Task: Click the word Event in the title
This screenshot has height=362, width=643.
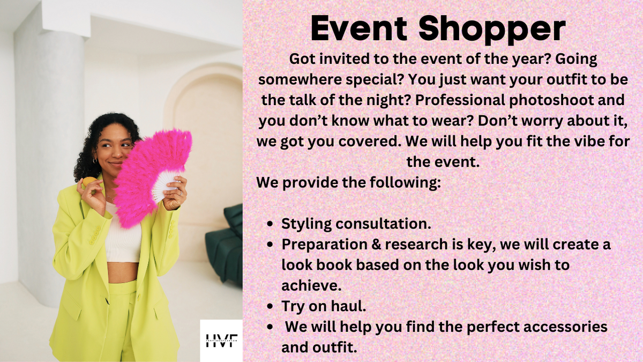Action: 360,28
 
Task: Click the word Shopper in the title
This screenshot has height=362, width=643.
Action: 492,30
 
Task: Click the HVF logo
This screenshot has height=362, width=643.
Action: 222,341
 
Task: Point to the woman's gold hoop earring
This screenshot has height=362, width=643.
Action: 95,160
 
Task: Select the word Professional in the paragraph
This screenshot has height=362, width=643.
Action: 460,100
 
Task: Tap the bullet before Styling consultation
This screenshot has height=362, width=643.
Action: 270,224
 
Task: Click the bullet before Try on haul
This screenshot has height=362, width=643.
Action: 270,307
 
